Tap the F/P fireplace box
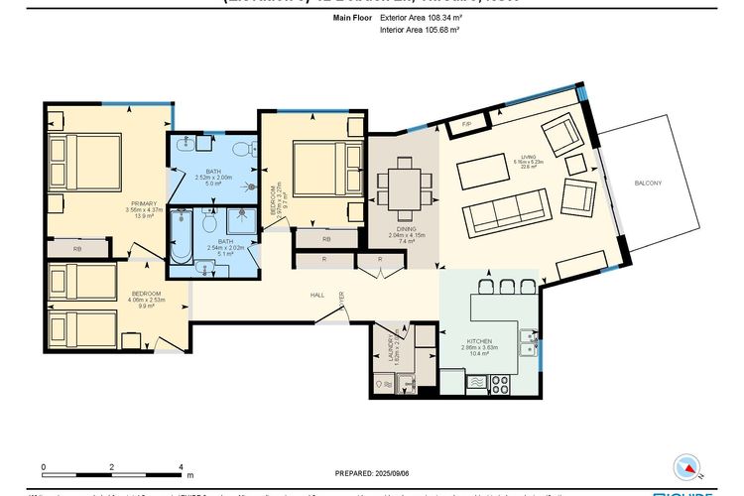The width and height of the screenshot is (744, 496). pyautogui.click(x=466, y=124)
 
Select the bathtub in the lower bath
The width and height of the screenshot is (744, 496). pyautogui.click(x=182, y=239)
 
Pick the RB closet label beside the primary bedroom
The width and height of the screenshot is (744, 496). pyautogui.click(x=77, y=248)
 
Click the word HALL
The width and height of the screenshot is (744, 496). pyautogui.click(x=317, y=295)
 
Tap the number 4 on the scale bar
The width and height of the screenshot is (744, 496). pyautogui.click(x=181, y=465)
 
